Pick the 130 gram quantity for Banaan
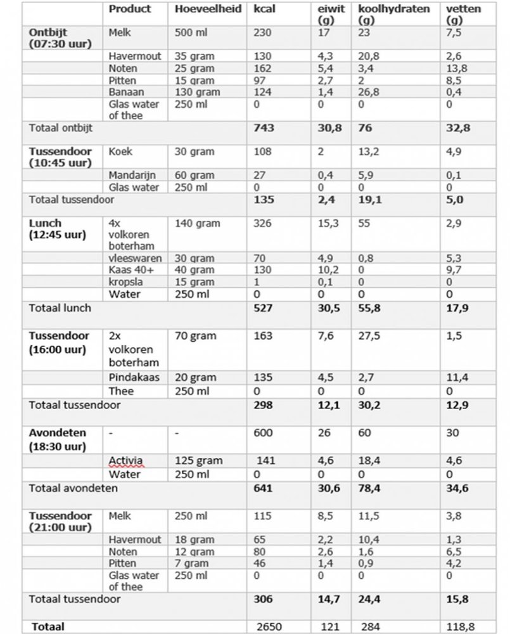(196, 92)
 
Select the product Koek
(120, 152)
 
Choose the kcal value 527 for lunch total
(262, 308)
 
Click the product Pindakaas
(132, 378)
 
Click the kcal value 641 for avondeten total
(262, 489)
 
